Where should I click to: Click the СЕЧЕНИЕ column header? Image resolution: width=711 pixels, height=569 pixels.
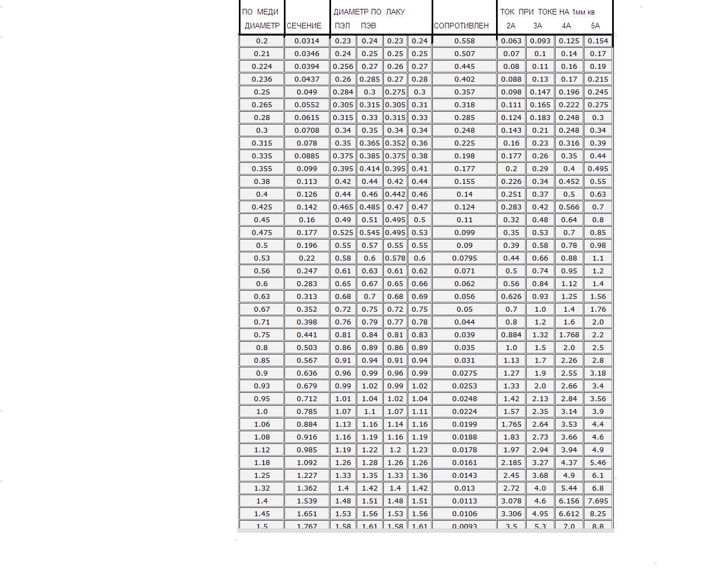(304, 26)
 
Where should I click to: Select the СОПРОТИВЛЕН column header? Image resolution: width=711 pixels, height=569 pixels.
(461, 26)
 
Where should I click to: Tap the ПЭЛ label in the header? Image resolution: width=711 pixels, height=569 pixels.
(342, 26)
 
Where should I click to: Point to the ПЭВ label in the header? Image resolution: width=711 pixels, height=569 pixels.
(368, 26)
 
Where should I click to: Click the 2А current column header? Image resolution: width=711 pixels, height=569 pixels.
(511, 26)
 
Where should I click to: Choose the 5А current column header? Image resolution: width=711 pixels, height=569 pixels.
(595, 26)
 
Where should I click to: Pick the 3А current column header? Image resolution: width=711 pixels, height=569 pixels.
(538, 26)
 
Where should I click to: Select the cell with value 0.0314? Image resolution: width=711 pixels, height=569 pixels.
(307, 41)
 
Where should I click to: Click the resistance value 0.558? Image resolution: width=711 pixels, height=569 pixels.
(464, 41)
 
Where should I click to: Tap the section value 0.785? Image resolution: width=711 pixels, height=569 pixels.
(307, 411)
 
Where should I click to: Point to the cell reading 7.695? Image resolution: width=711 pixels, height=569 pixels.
(598, 501)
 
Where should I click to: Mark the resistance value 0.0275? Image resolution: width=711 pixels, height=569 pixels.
(464, 373)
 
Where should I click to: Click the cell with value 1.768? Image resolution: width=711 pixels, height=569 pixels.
(569, 335)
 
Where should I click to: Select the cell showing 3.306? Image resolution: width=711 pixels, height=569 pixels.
(511, 513)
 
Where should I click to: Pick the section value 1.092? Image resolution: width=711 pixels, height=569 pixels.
(307, 462)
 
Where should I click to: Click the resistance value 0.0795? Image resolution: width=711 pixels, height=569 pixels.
(464, 258)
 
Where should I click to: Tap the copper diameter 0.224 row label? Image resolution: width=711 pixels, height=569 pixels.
(262, 66)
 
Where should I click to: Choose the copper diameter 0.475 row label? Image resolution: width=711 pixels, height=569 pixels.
(262, 232)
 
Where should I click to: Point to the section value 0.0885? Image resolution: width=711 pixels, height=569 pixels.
(307, 156)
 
